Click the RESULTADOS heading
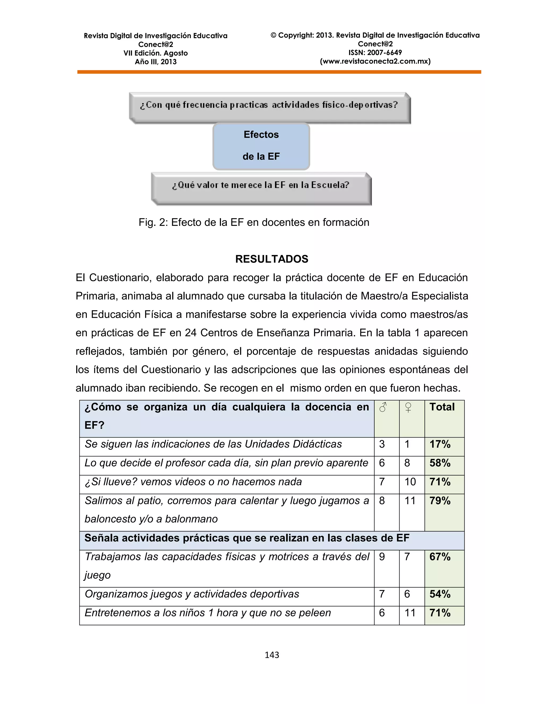[x=271, y=259]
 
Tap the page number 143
[x=272, y=655]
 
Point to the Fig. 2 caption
[x=254, y=222]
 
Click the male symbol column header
[x=383, y=408]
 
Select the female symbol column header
[x=408, y=408]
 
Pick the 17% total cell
[x=440, y=444]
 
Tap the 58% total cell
[x=440, y=463]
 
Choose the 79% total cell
[x=440, y=501]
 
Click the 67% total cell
[x=440, y=557]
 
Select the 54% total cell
[x=440, y=594]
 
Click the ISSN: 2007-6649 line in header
[x=375, y=53]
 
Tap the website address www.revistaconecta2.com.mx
[x=375, y=61]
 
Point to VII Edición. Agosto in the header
[x=155, y=53]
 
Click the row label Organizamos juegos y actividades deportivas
[x=192, y=594]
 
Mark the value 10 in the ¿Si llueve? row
[x=410, y=482]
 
